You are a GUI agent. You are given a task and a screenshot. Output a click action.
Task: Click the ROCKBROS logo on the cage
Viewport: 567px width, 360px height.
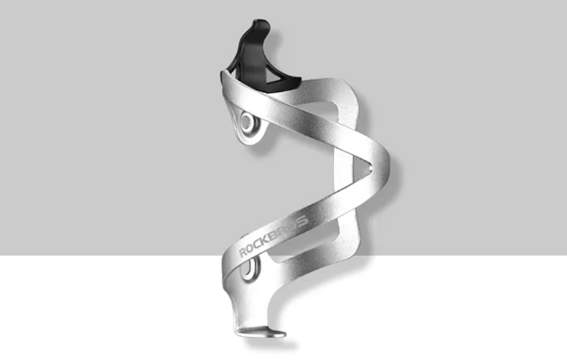[274, 236]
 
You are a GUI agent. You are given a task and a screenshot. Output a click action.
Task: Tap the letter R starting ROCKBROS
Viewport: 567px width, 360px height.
[243, 252]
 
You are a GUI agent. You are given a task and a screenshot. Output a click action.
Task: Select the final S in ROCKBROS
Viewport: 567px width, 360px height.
[302, 221]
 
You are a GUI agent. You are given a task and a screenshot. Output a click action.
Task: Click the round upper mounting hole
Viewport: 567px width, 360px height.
[247, 120]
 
